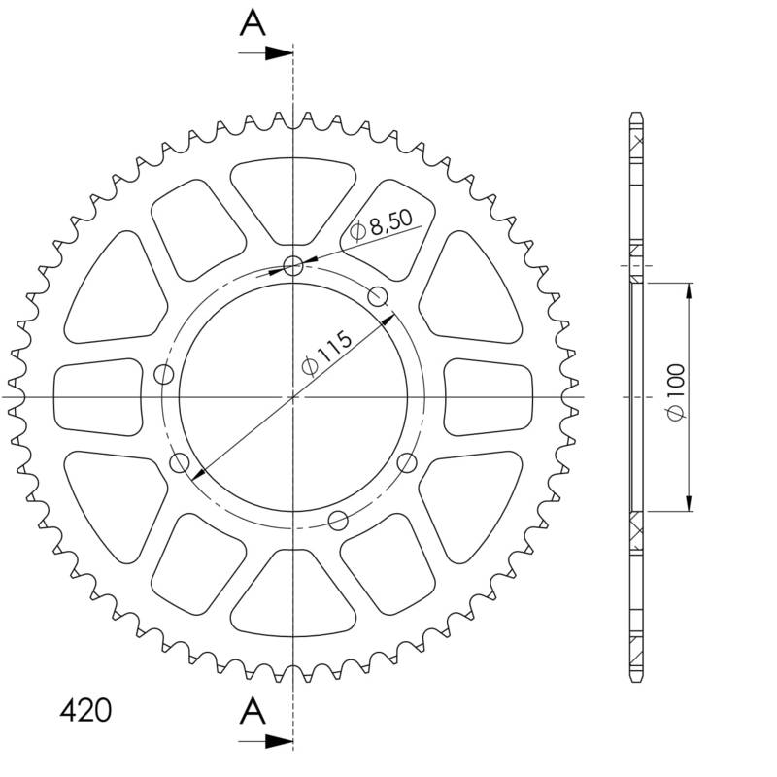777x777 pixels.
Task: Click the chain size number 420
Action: coord(84,710)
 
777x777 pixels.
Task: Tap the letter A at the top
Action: coord(253,22)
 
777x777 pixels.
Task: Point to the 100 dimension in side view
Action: coord(677,396)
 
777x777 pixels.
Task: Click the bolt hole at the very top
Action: coord(293,265)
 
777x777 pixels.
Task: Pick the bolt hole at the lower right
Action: coord(406,462)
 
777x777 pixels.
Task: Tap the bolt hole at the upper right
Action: coord(379,295)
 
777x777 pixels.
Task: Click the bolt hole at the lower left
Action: coord(179,463)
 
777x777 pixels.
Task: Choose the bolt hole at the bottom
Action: coord(338,521)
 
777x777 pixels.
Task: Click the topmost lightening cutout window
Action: coord(293,199)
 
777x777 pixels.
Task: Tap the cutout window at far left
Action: coord(96,396)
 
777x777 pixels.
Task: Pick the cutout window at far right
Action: coord(489,396)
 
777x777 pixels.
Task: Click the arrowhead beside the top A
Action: coord(282,53)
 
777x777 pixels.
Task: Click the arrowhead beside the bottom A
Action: coord(282,742)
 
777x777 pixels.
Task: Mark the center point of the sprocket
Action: coord(293,397)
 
